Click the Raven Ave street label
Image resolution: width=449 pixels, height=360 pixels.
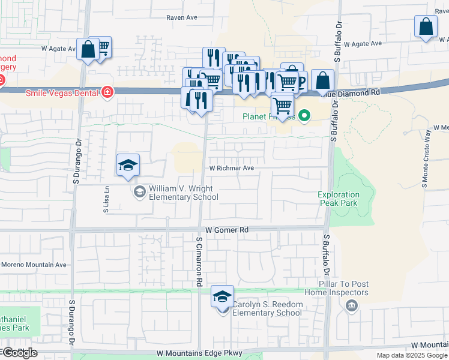coord(182,18)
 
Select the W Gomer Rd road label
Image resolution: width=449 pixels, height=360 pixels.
coord(226,230)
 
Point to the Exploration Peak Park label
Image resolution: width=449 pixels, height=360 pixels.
coord(339,199)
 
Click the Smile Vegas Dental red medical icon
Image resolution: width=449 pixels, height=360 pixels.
coord(107,92)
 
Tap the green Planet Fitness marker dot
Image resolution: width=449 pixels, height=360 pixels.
coord(305,116)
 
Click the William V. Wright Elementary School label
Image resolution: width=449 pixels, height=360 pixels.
coord(183,193)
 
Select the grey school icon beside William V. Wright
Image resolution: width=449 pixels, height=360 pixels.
coord(139,191)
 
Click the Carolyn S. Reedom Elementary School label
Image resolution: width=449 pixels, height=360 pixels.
coord(267,308)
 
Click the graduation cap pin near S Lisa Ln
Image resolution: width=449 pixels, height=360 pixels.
coord(128,165)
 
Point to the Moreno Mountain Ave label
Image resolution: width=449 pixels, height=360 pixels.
coord(34,265)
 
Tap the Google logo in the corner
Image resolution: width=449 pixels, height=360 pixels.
coord(19,352)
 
